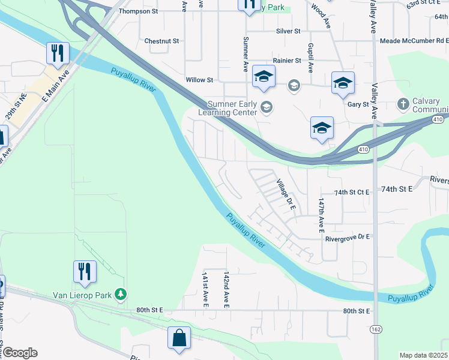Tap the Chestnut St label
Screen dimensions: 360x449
(162, 41)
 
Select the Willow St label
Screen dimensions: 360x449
(199, 80)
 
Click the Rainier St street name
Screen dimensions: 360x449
(286, 61)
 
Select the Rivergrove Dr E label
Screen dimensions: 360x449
(348, 238)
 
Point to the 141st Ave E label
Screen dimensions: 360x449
(205, 289)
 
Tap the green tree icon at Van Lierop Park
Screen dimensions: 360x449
(121, 294)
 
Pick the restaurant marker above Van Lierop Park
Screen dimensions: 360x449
(85, 271)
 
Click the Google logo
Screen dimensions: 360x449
(20, 353)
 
